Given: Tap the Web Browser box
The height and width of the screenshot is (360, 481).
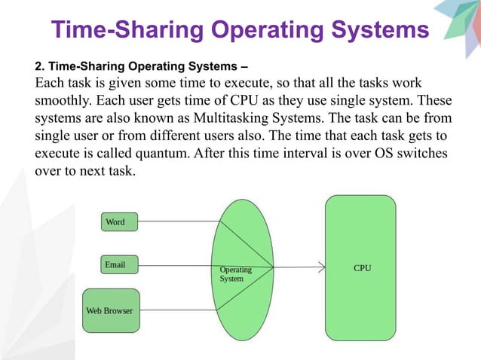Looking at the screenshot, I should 110,310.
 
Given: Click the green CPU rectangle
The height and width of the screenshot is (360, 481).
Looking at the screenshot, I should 360,267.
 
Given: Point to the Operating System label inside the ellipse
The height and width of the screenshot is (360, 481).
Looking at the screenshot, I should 234,274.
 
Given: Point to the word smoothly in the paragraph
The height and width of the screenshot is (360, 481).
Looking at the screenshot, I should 64,101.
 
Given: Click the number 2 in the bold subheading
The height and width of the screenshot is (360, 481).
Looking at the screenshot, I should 38,64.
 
